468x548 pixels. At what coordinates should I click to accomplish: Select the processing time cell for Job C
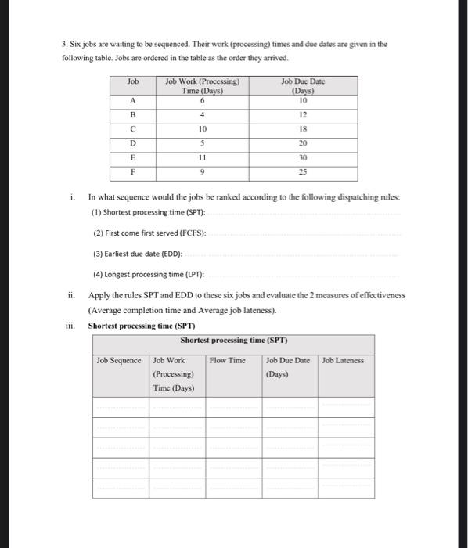point(203,128)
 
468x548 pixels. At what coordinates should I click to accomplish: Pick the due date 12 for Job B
point(302,114)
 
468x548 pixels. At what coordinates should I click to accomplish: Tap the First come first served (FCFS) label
point(149,233)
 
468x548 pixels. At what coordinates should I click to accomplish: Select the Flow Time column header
point(227,361)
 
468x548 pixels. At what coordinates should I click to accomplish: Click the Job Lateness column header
point(343,361)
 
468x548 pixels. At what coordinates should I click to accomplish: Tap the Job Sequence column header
point(119,361)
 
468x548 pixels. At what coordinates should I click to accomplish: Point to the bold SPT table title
point(234,341)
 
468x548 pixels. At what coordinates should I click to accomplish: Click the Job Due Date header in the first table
point(302,85)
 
